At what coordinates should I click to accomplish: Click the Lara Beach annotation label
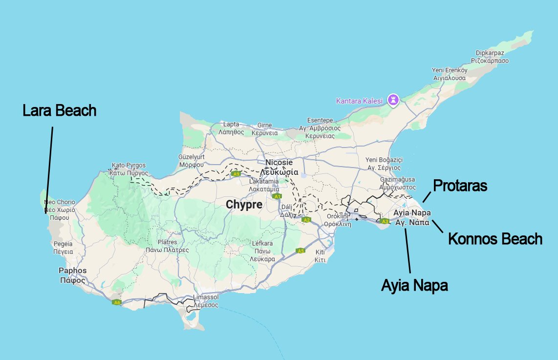tap(59, 110)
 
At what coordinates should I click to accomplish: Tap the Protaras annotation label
tap(460, 186)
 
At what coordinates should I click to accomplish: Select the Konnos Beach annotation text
tap(495, 239)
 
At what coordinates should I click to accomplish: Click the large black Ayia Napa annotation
tap(414, 285)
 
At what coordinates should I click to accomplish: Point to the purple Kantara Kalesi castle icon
tap(393, 100)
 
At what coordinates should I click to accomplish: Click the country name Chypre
tap(244, 205)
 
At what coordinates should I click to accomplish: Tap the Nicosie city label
tap(279, 162)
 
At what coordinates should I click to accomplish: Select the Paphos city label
tap(73, 271)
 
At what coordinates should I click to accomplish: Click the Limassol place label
tap(206, 297)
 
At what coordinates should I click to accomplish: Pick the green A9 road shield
tap(236, 174)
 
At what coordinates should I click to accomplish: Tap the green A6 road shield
tap(116, 302)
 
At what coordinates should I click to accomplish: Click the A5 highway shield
tap(300, 251)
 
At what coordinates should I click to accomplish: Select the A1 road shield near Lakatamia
tap(277, 196)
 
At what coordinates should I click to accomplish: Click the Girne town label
tap(264, 125)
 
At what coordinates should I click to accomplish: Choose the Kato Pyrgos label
tap(129, 165)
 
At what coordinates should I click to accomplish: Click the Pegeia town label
tap(63, 244)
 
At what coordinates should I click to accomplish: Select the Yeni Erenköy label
tap(450, 70)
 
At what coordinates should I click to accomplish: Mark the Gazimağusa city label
tap(397, 180)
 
